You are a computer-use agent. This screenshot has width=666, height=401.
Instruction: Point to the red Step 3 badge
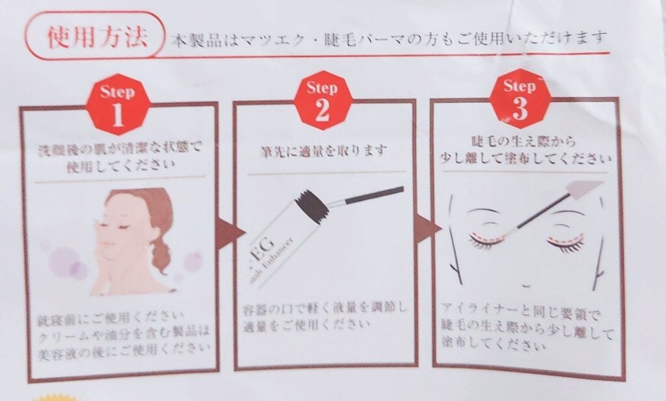pos(519,100)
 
